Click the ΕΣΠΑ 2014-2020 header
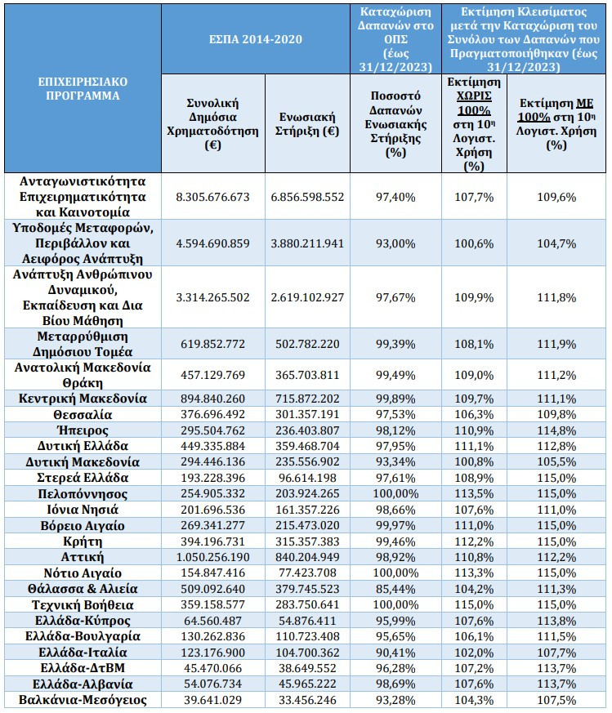(255, 39)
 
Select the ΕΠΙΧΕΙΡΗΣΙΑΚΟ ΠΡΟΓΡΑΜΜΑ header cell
(83, 89)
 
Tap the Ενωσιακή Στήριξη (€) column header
(307, 124)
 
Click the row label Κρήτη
(83, 541)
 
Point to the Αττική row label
(83, 557)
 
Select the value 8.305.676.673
(212, 197)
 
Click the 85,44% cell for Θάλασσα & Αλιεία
(395, 589)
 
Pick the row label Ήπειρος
(83, 430)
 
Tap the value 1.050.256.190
(212, 557)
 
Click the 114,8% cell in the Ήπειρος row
(556, 430)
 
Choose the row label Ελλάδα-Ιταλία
(83, 653)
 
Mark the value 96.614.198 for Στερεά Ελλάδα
(307, 478)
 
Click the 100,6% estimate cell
(474, 243)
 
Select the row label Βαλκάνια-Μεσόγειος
(83, 700)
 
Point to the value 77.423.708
(307, 573)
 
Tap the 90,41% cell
(395, 653)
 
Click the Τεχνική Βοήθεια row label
(83, 604)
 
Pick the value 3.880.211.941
(307, 243)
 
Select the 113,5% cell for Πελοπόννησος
(474, 494)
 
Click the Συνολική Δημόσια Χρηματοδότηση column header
(212, 124)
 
